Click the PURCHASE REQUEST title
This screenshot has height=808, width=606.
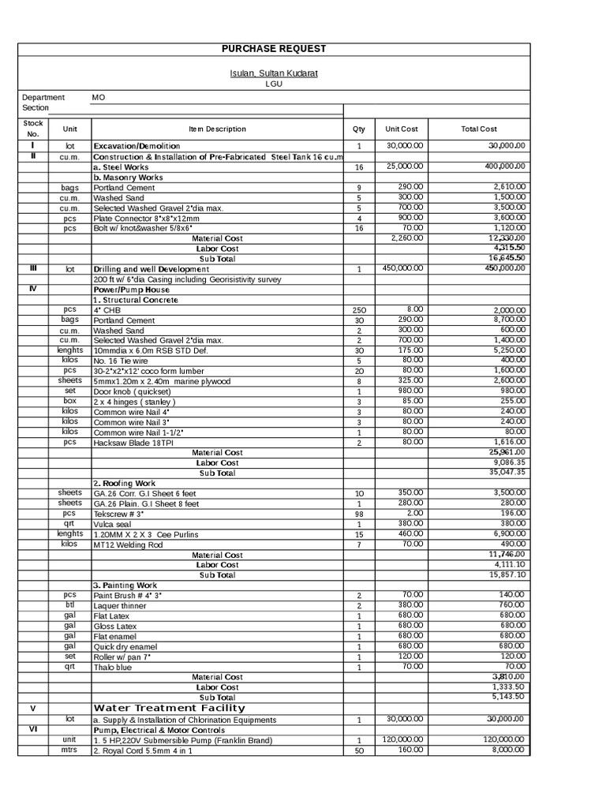tap(273, 49)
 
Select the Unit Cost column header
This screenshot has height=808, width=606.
tap(401, 129)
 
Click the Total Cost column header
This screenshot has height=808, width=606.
tap(479, 129)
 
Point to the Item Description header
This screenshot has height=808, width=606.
tap(217, 129)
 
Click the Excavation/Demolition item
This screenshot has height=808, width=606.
tap(137, 146)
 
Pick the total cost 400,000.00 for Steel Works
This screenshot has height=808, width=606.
tap(505, 166)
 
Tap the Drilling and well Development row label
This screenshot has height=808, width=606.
tap(151, 269)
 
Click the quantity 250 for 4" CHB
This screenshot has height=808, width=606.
tap(358, 310)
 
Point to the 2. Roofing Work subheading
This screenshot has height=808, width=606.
tap(124, 483)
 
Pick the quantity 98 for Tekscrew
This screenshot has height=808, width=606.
tap(358, 514)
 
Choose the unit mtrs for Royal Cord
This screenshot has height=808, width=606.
tap(69, 750)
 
